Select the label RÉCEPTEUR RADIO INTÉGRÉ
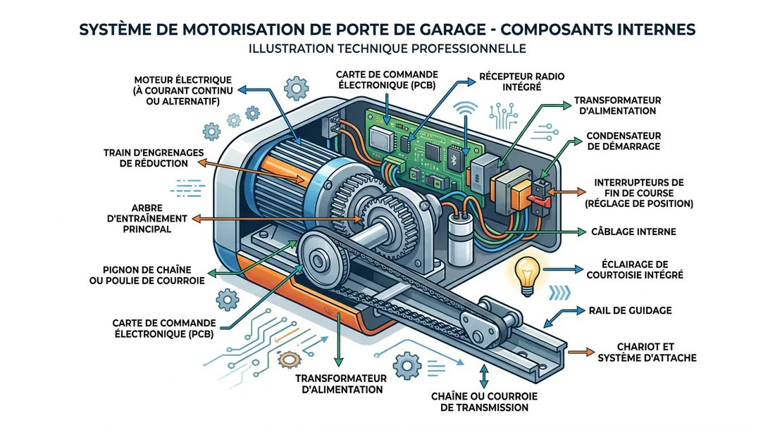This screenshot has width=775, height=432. tap(521, 82)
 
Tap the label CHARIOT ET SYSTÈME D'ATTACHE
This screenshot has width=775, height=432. tap(646, 352)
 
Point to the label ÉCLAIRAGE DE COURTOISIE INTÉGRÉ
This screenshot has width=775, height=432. tap(635, 269)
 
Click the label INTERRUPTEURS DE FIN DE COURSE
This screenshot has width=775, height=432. tap(638, 192)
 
